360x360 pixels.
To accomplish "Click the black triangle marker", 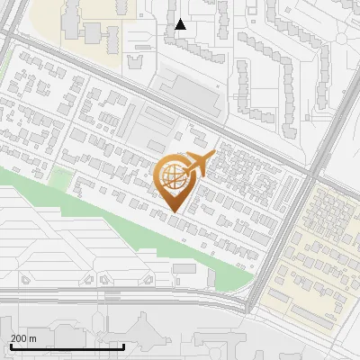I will tap(181, 24).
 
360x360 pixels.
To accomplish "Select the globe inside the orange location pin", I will tap(174, 177).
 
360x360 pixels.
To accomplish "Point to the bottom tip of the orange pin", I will tap(175, 211).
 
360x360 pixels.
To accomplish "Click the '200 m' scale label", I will tap(24, 337).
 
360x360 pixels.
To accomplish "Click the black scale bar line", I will tap(67, 346).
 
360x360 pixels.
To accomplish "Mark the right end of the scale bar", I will tap(124, 346).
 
